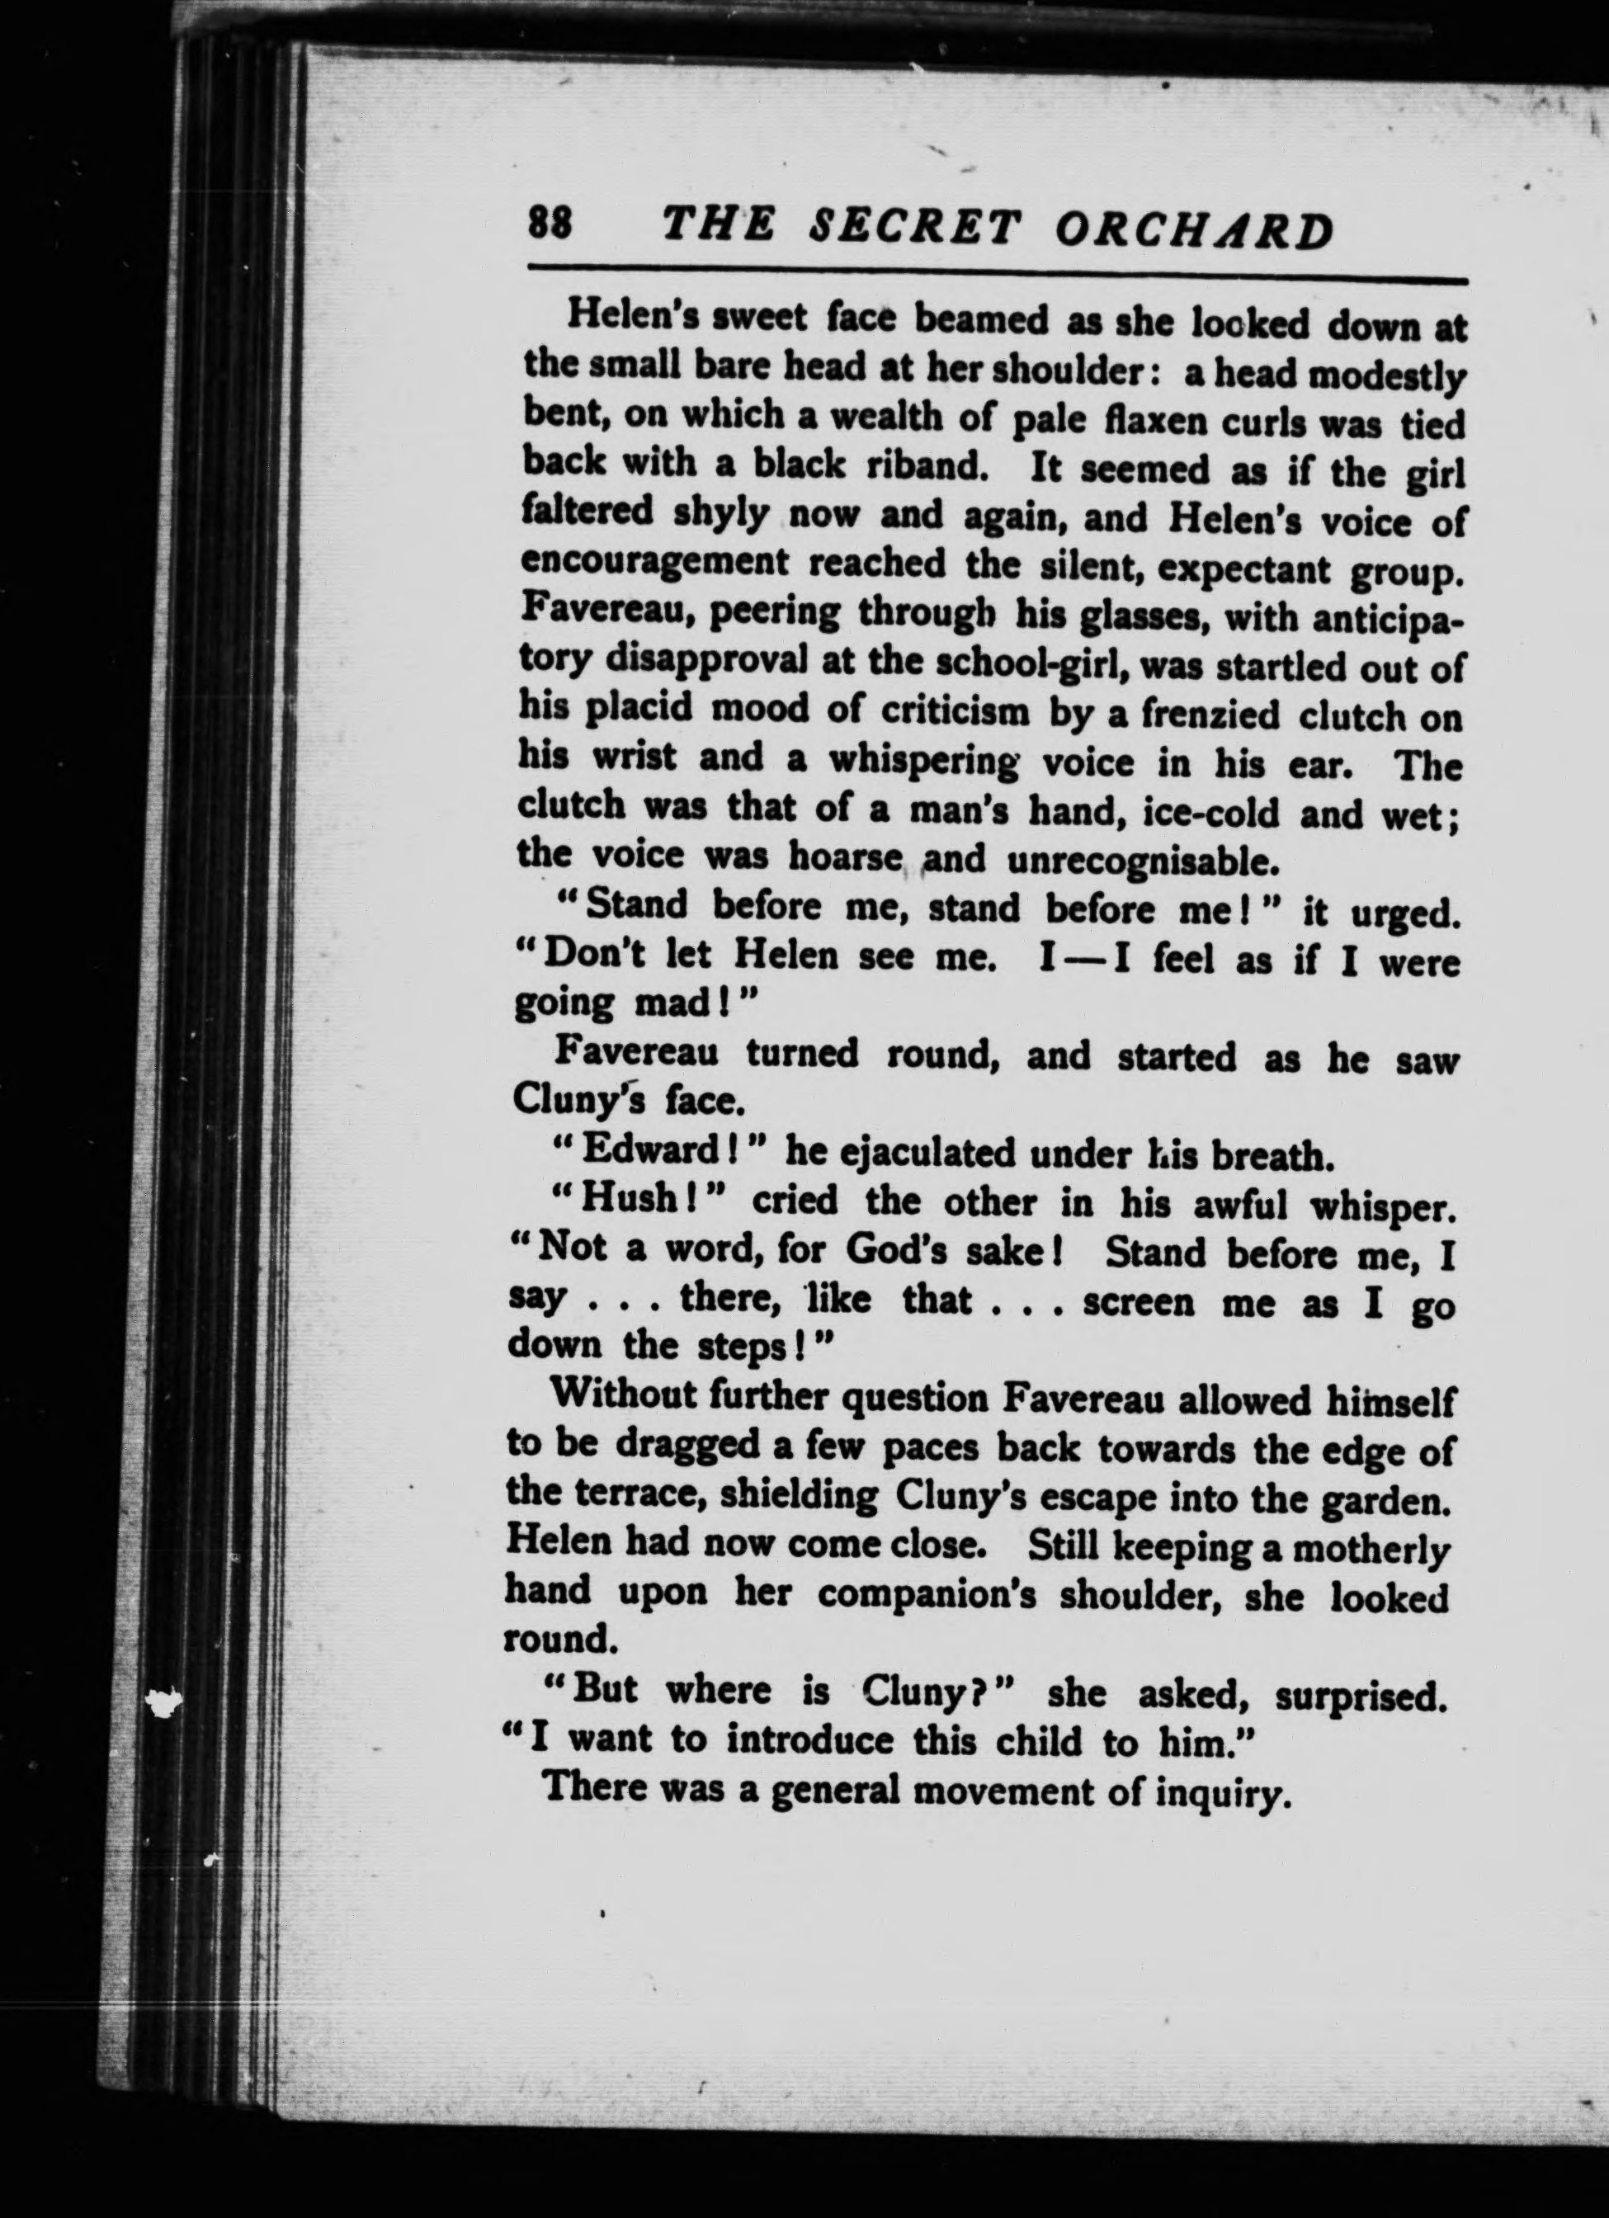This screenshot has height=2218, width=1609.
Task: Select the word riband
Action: click(x=924, y=468)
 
